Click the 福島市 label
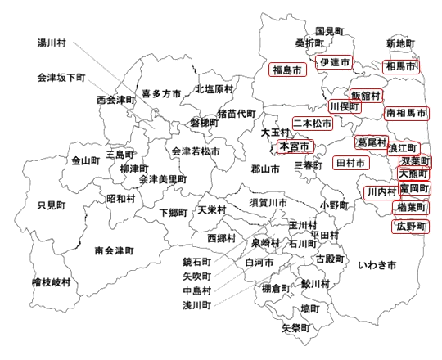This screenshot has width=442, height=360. (286, 70)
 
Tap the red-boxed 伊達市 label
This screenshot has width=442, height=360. (335, 62)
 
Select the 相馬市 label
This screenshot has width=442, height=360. (401, 65)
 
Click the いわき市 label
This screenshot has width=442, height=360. (377, 266)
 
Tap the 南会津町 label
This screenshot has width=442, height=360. (114, 250)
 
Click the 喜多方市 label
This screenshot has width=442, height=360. (161, 94)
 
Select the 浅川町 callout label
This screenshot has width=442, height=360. (197, 304)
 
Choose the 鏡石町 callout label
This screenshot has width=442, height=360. (197, 263)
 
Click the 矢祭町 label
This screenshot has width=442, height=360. (296, 327)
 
